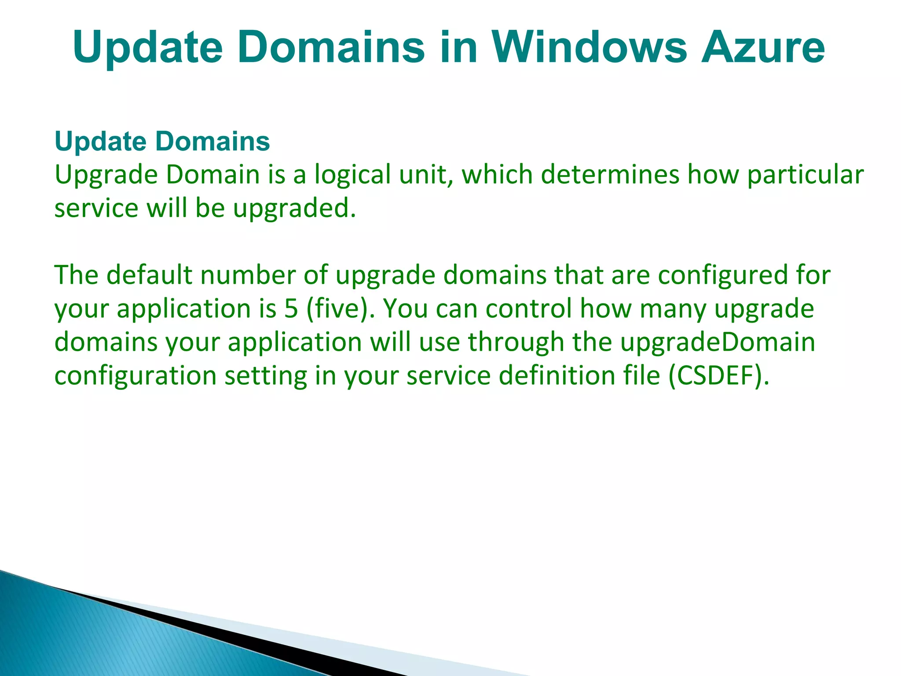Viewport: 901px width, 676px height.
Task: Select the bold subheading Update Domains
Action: click(162, 141)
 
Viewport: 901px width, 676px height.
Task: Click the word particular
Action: click(805, 175)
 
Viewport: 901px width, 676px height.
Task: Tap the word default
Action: click(150, 275)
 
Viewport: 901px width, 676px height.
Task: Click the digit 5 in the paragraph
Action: click(291, 309)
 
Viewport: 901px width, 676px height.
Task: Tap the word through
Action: click(516, 342)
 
